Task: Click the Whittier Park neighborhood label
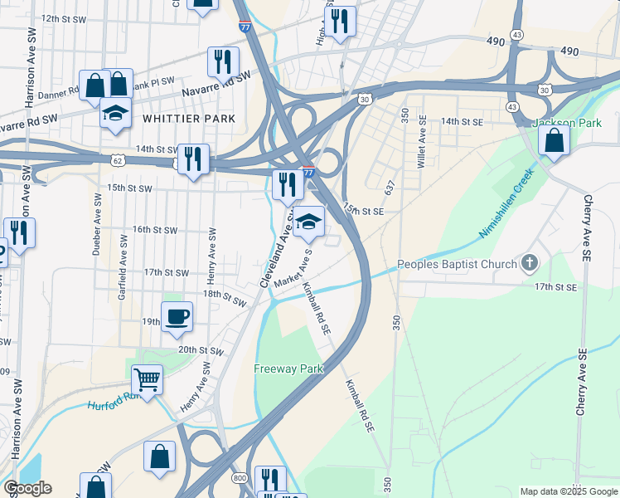189,119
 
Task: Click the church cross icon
529,265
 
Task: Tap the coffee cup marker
177,317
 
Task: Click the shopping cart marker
147,380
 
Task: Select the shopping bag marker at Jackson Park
554,140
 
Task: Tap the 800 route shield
240,478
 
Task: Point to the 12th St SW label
64,17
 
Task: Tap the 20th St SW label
201,350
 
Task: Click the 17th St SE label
555,287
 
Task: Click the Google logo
27,488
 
